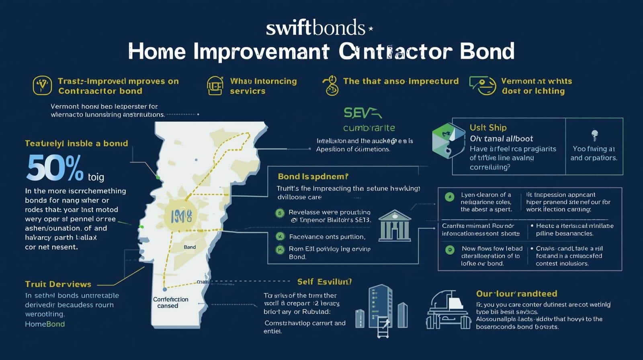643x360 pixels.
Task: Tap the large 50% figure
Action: (x=55, y=168)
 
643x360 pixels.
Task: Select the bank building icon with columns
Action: (x=395, y=226)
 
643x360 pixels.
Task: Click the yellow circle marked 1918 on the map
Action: (x=181, y=217)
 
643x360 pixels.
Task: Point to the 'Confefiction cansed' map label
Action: (x=170, y=303)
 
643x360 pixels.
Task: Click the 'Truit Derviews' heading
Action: (x=58, y=284)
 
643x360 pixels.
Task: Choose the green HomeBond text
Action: (x=45, y=324)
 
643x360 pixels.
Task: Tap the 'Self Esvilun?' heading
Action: (x=324, y=282)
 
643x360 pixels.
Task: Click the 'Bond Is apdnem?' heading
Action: (x=313, y=176)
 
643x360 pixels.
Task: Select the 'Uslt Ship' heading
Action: (x=488, y=128)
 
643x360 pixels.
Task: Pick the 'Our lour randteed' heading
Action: (x=516, y=294)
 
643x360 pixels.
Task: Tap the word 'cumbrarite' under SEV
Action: (x=369, y=128)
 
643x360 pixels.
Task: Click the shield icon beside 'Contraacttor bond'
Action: (x=42, y=86)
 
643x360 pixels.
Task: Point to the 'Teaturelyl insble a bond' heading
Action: (x=76, y=143)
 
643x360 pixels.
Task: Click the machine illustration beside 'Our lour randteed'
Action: (x=448, y=310)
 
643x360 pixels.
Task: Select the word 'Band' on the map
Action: (x=190, y=247)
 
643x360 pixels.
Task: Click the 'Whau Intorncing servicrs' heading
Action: (x=263, y=86)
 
